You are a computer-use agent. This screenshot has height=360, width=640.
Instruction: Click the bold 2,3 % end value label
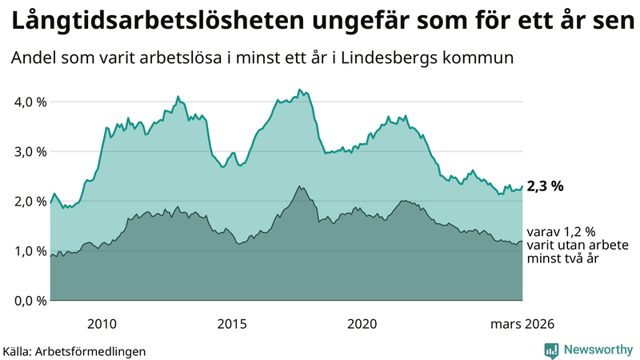[546, 186]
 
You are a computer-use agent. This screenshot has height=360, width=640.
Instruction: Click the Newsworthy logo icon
[551, 350]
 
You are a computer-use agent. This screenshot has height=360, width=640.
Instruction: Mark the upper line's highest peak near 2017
[299, 90]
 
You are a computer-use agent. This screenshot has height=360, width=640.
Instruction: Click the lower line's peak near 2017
[299, 186]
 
